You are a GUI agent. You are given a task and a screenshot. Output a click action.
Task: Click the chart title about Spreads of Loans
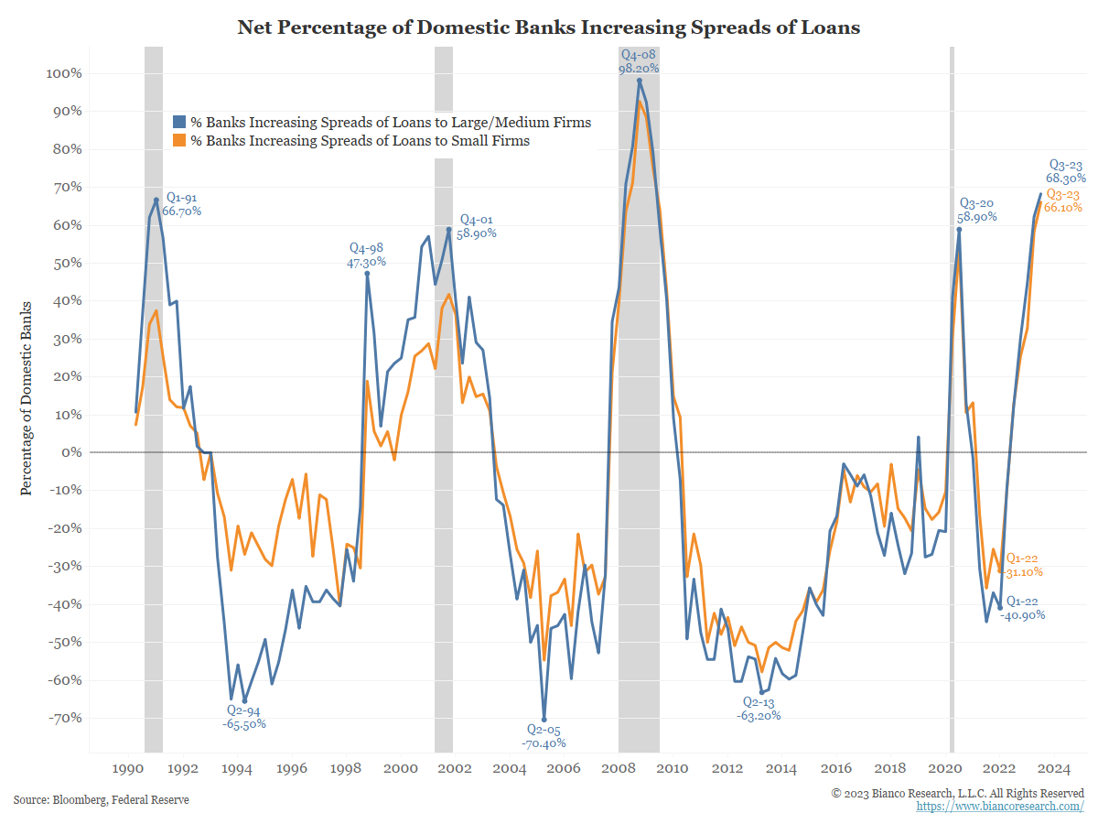(x=549, y=27)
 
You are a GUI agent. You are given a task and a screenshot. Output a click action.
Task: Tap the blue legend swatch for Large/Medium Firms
(x=180, y=122)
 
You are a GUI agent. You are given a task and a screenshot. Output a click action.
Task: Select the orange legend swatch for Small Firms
(x=180, y=141)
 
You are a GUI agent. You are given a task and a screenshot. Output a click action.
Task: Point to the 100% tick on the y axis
(x=64, y=73)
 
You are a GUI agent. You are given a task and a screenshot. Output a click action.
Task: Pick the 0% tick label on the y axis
(x=70, y=452)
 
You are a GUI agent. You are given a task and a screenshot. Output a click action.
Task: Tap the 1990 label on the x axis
(x=127, y=769)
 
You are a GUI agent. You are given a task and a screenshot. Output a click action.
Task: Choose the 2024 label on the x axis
(x=1055, y=769)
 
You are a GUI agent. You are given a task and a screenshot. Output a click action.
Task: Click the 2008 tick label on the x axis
(x=619, y=769)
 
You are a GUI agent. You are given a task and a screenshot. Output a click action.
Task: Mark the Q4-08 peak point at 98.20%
(x=640, y=81)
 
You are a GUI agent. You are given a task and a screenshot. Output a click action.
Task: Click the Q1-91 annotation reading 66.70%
(x=181, y=203)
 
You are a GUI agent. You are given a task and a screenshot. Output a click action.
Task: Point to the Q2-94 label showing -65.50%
(x=245, y=717)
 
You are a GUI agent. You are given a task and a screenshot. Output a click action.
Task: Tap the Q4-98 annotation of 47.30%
(x=367, y=254)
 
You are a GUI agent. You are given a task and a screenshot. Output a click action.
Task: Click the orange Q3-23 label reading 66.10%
(x=1063, y=201)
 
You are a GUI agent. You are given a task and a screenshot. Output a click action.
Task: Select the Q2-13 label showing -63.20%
(x=759, y=709)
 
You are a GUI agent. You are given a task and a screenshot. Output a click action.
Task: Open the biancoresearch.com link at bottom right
(x=1000, y=807)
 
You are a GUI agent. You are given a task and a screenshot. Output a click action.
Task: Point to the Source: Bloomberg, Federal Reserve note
(x=102, y=800)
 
